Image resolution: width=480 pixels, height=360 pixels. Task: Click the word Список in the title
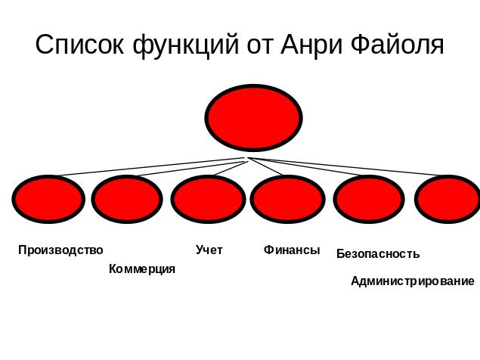[x=80, y=45]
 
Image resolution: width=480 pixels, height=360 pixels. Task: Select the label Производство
[x=60, y=250]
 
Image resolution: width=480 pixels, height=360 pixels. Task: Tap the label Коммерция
[x=142, y=269]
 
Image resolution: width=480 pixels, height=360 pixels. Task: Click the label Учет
[x=209, y=250]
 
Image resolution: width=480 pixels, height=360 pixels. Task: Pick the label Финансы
[x=292, y=250]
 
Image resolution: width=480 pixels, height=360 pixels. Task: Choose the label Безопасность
[x=378, y=254]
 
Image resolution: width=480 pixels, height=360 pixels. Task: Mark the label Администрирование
[x=413, y=281]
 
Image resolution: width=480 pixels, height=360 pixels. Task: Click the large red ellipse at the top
[x=253, y=118]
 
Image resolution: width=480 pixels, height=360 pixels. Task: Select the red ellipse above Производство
[x=48, y=200]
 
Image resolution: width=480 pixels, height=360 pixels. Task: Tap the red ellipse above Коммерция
[x=127, y=200]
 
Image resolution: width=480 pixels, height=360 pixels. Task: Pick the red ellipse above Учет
[x=208, y=200]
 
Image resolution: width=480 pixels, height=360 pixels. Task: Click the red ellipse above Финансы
[x=287, y=200]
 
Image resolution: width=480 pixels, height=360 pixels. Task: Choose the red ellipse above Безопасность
[x=369, y=200]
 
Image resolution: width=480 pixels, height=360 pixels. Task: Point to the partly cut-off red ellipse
[x=450, y=200]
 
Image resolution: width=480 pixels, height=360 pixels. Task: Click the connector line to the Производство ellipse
[x=151, y=166]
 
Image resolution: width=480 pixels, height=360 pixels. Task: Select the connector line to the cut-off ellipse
[x=355, y=167]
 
